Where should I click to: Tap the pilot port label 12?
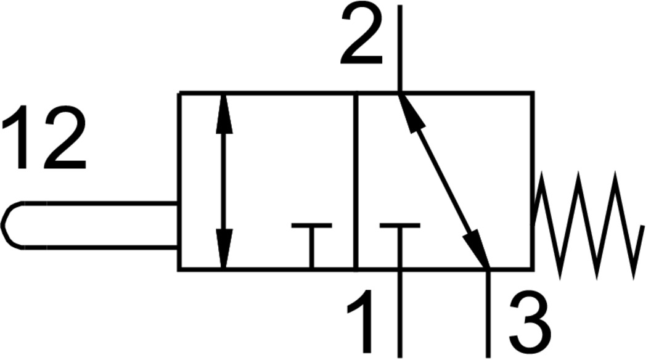coord(44,137)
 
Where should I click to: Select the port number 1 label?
coord(361,321)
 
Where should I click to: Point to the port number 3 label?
coord(530,322)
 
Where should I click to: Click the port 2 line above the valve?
coord(400,49)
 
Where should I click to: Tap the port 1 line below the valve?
coord(400,314)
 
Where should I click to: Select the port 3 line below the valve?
coord(488,314)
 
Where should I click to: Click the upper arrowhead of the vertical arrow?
coord(224,115)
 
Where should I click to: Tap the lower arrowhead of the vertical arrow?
coord(224,248)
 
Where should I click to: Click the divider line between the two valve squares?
coord(355,182)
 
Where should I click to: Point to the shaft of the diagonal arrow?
coord(444,181)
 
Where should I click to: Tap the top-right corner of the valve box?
coord(533,92)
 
